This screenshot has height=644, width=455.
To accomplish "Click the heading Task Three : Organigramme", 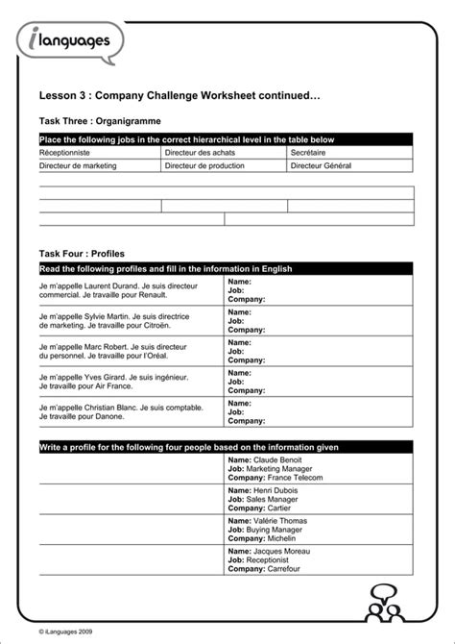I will tap(100, 121).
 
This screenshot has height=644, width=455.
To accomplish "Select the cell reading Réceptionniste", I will tap(64, 153).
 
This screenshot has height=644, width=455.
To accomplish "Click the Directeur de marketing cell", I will tap(78, 165).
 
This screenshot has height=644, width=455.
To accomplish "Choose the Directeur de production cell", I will tap(205, 165).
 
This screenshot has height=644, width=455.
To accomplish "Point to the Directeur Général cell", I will tap(322, 165).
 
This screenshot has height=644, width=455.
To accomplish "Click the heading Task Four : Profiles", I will tap(82, 254).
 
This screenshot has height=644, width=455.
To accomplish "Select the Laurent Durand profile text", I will tap(119, 291).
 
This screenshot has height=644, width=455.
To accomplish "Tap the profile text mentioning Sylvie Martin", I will tap(114, 321).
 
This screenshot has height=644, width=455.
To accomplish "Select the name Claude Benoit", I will tap(278, 460).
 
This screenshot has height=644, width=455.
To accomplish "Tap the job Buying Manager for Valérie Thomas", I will tap(278, 529).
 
